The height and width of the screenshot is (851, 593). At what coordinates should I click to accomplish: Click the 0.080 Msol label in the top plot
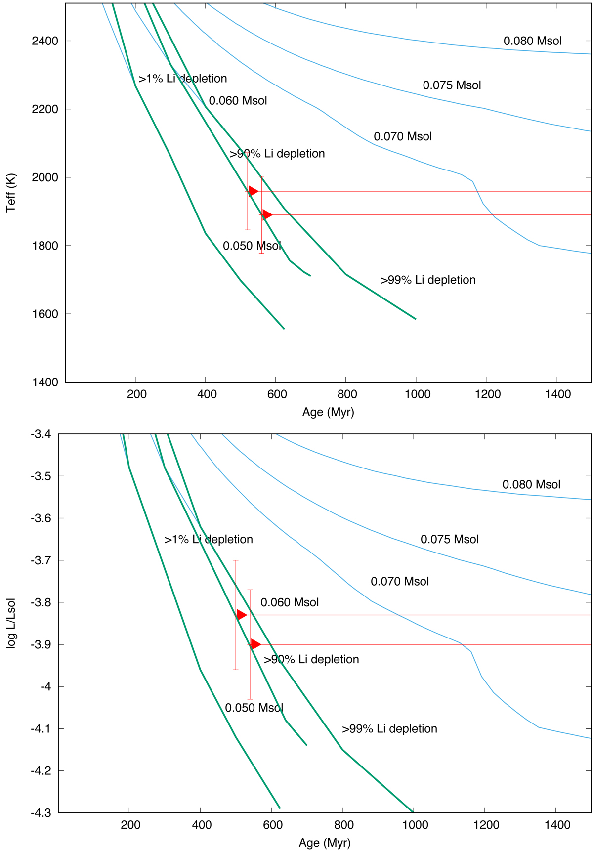point(532,41)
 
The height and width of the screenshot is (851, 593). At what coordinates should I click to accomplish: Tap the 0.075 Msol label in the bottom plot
point(449,539)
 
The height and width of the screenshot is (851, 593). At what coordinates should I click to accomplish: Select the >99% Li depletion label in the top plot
point(428,280)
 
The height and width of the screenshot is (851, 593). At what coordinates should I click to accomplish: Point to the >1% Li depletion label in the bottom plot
point(209,539)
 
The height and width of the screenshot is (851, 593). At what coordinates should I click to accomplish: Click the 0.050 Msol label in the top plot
point(252,246)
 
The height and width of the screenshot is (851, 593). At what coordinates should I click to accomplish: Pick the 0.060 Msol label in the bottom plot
point(290,602)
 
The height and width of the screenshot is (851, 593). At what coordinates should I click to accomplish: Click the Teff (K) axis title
point(11,193)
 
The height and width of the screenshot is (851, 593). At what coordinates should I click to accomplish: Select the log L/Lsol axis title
point(11,623)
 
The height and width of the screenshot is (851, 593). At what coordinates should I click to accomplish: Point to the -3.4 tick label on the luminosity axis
point(40,434)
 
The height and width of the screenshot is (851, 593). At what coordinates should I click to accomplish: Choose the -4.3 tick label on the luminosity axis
point(40,813)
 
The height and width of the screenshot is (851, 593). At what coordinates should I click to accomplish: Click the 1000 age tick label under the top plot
point(417,394)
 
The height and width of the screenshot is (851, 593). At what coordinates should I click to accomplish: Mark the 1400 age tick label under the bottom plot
point(557,825)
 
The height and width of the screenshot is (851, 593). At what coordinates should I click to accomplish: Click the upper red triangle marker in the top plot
point(253,191)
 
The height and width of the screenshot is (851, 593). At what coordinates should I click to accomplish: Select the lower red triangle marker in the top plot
point(267,214)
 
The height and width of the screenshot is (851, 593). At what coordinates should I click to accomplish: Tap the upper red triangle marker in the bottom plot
point(241,615)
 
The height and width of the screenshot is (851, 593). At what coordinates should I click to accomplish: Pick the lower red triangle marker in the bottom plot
point(255,644)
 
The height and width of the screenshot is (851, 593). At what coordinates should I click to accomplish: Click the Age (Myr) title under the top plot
point(328,412)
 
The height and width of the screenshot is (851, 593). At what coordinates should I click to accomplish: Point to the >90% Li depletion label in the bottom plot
point(311,660)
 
